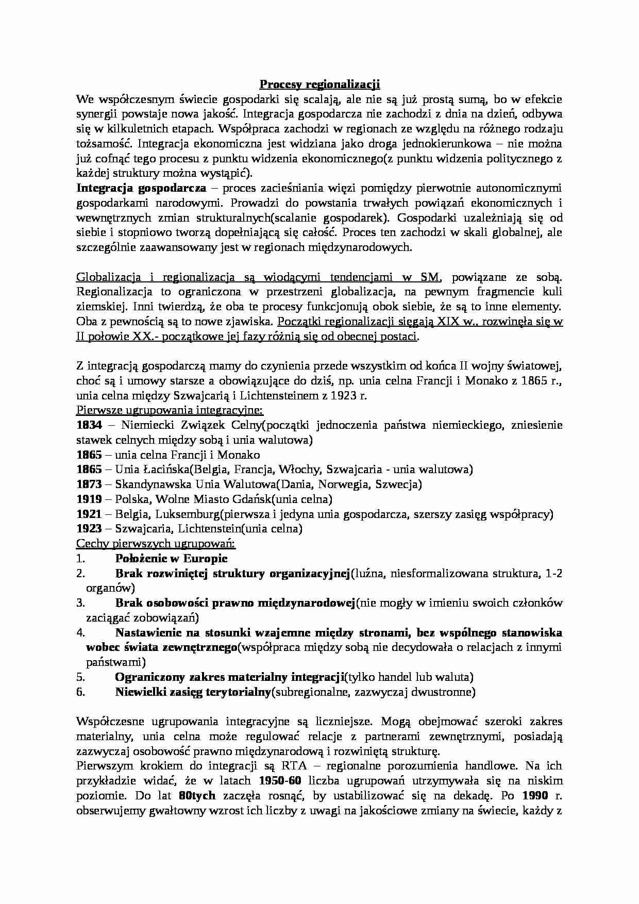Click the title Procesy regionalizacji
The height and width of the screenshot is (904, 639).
[x=319, y=84]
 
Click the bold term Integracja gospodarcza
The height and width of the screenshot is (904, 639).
[x=141, y=188]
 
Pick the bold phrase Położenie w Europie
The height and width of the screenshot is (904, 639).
[x=171, y=559]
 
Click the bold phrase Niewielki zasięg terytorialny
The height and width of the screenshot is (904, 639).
[x=193, y=692]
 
